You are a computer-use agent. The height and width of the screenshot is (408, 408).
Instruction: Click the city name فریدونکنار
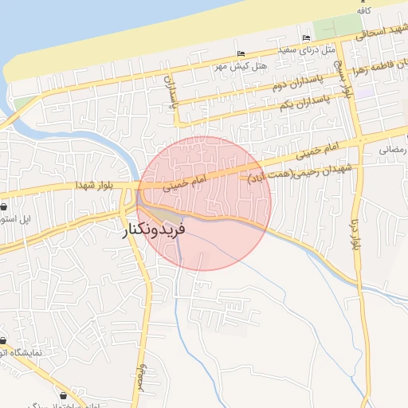coord(154,231)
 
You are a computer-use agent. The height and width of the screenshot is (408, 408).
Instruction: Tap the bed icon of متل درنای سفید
coord(307,38)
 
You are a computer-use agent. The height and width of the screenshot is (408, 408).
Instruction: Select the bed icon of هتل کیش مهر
coord(241,54)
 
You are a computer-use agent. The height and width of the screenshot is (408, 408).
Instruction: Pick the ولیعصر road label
coord(142,375)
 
